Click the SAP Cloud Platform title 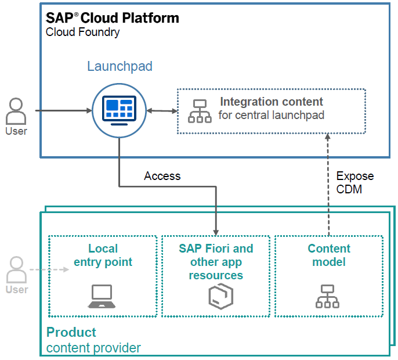(x=113, y=18)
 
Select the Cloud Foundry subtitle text (x=83, y=32)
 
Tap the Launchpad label (x=120, y=66)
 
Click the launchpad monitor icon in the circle (x=119, y=110)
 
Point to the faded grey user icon (x=16, y=270)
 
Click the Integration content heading (x=272, y=102)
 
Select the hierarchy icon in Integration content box (x=200, y=111)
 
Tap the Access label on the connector (x=162, y=176)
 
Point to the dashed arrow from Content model (x=328, y=186)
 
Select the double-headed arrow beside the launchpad (x=162, y=110)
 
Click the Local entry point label (x=103, y=255)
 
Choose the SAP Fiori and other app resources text (x=215, y=262)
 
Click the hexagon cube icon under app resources (x=216, y=297)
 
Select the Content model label (x=329, y=255)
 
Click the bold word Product (x=71, y=333)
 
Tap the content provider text (x=93, y=348)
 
